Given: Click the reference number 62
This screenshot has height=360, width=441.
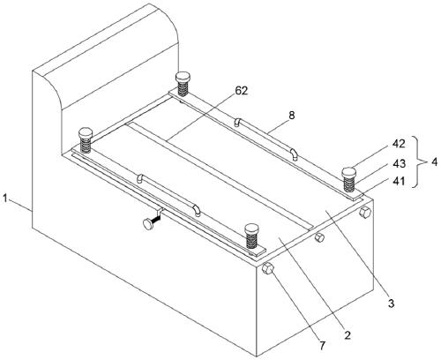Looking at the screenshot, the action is [x=242, y=91].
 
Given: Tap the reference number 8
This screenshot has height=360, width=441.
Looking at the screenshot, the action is [x=291, y=115].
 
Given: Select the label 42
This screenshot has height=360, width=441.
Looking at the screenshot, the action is [x=399, y=144].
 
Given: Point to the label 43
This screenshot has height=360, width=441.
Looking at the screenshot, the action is [x=399, y=163].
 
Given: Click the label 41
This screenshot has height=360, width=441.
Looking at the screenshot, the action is [x=399, y=181].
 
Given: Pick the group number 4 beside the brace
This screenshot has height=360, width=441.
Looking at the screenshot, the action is [x=434, y=161].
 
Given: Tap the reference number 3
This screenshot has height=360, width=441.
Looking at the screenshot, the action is [x=391, y=304].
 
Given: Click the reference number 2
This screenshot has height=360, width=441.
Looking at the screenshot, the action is [x=348, y=335].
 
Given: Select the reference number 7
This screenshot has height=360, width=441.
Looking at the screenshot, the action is [x=323, y=346].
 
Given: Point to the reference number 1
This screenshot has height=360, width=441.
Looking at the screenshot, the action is [x=5, y=199].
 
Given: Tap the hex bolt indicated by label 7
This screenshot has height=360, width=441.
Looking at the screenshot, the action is [x=268, y=268].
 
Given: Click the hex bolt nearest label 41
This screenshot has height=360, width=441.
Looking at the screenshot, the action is [x=365, y=212].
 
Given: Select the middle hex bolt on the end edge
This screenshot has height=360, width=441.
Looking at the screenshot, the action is [x=319, y=237].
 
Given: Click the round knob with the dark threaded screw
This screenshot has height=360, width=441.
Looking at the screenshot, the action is [x=148, y=224].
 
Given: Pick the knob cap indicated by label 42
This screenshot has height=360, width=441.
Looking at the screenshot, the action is [x=349, y=172].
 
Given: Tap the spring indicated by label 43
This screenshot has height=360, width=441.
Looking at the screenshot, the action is [x=349, y=184].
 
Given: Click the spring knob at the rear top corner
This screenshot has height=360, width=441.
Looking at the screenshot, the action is [x=183, y=84].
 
